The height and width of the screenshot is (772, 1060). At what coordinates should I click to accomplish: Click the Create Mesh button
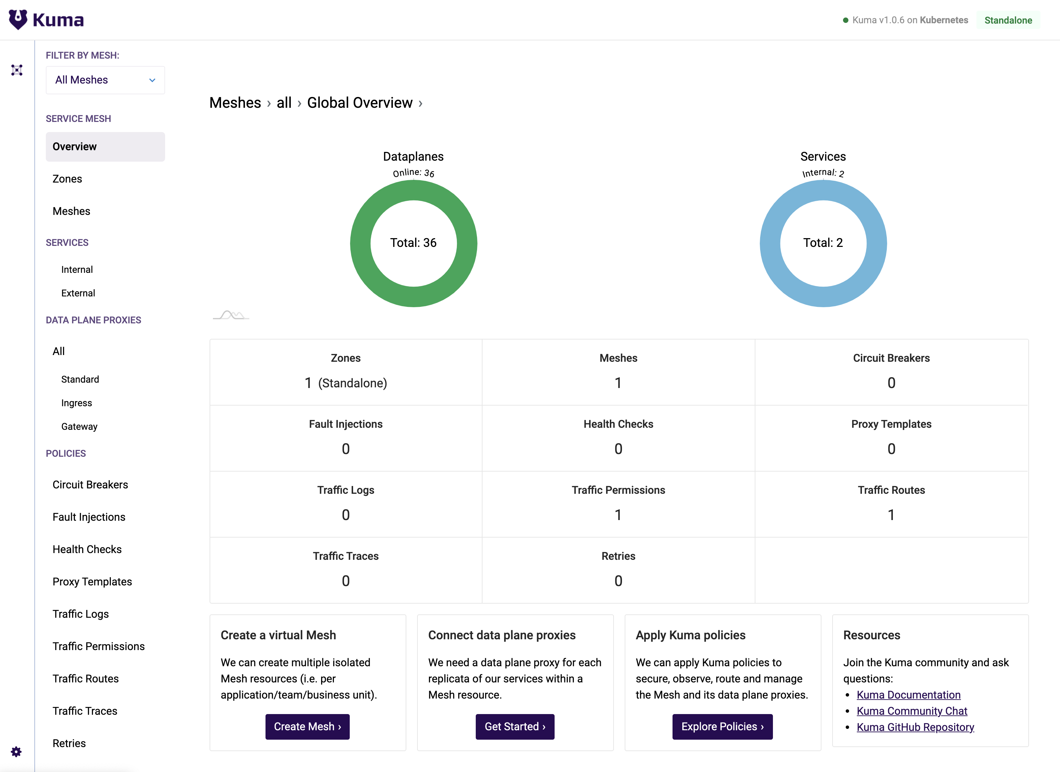307,727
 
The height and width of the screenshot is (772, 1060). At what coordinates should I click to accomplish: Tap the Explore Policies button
722,727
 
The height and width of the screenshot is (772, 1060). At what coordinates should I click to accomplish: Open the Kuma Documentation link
908,695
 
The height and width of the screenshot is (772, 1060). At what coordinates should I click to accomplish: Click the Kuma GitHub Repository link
915,727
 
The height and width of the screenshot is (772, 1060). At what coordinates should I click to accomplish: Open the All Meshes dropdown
105,80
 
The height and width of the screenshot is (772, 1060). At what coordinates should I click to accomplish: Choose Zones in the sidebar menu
67,179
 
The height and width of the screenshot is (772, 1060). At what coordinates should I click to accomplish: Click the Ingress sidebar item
76,403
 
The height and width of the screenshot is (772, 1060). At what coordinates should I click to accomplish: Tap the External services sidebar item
78,293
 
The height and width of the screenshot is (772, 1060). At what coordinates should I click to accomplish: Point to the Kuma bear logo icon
18,20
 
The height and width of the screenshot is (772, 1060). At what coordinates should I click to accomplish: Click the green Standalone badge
1008,20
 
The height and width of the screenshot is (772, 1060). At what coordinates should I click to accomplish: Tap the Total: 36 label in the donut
413,243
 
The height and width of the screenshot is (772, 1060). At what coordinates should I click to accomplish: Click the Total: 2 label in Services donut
822,243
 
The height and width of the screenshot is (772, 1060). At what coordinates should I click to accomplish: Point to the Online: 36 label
413,173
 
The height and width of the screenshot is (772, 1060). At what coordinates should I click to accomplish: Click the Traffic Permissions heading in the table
618,490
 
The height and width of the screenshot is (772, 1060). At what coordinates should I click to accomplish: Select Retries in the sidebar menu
69,743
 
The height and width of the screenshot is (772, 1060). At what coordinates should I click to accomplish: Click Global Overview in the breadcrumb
360,103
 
